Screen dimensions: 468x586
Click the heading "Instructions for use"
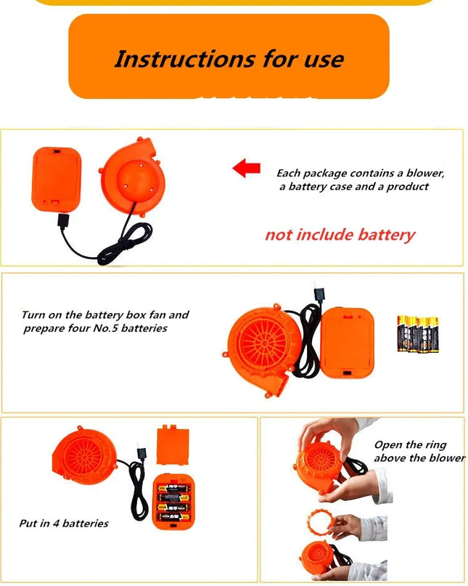(229, 59)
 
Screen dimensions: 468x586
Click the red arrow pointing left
(246, 168)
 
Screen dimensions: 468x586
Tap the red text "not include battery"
(340, 235)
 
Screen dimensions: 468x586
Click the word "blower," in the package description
(425, 173)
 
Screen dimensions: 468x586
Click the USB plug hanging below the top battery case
(63, 221)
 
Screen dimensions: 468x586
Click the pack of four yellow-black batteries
(418, 334)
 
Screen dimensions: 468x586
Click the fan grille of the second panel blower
(263, 343)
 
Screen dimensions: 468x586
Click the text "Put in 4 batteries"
(64, 524)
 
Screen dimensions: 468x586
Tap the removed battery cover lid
(173, 445)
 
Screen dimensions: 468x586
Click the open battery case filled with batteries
(174, 502)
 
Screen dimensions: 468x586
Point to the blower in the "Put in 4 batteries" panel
(84, 455)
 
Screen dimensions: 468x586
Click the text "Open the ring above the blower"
(419, 451)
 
